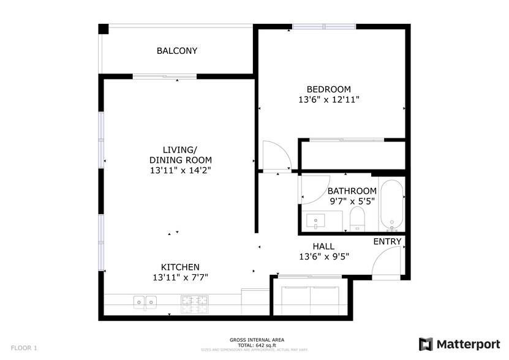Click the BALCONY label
(x=177, y=51)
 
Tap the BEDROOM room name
(x=328, y=89)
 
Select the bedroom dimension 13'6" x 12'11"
(x=328, y=99)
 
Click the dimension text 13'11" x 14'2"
(x=181, y=170)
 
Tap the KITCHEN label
(x=180, y=267)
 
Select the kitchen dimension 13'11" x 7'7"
(x=180, y=277)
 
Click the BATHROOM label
(x=352, y=191)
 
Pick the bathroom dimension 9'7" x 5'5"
(x=352, y=201)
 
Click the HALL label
(x=323, y=246)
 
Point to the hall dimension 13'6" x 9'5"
(x=323, y=257)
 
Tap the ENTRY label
(x=387, y=242)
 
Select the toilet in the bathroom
(x=356, y=219)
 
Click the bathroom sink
(x=317, y=220)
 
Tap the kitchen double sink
(x=146, y=301)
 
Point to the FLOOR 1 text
(x=24, y=348)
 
